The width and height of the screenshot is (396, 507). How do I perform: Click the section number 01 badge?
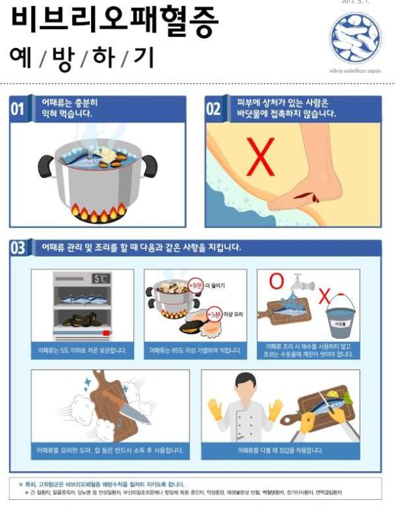(x=18, y=109)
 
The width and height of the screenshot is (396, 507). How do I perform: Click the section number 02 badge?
(x=214, y=109)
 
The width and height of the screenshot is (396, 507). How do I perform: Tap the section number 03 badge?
(x=18, y=248)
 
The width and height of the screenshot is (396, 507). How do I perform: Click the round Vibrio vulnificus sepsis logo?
(x=355, y=37)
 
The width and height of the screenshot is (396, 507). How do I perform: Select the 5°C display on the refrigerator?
(x=101, y=279)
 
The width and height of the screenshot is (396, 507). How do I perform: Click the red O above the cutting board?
(x=277, y=282)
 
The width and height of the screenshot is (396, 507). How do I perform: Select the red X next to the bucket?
(x=324, y=297)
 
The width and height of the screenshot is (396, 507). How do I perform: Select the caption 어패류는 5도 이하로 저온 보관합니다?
(x=82, y=350)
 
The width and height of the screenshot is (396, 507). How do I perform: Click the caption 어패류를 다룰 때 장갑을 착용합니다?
(x=280, y=450)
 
